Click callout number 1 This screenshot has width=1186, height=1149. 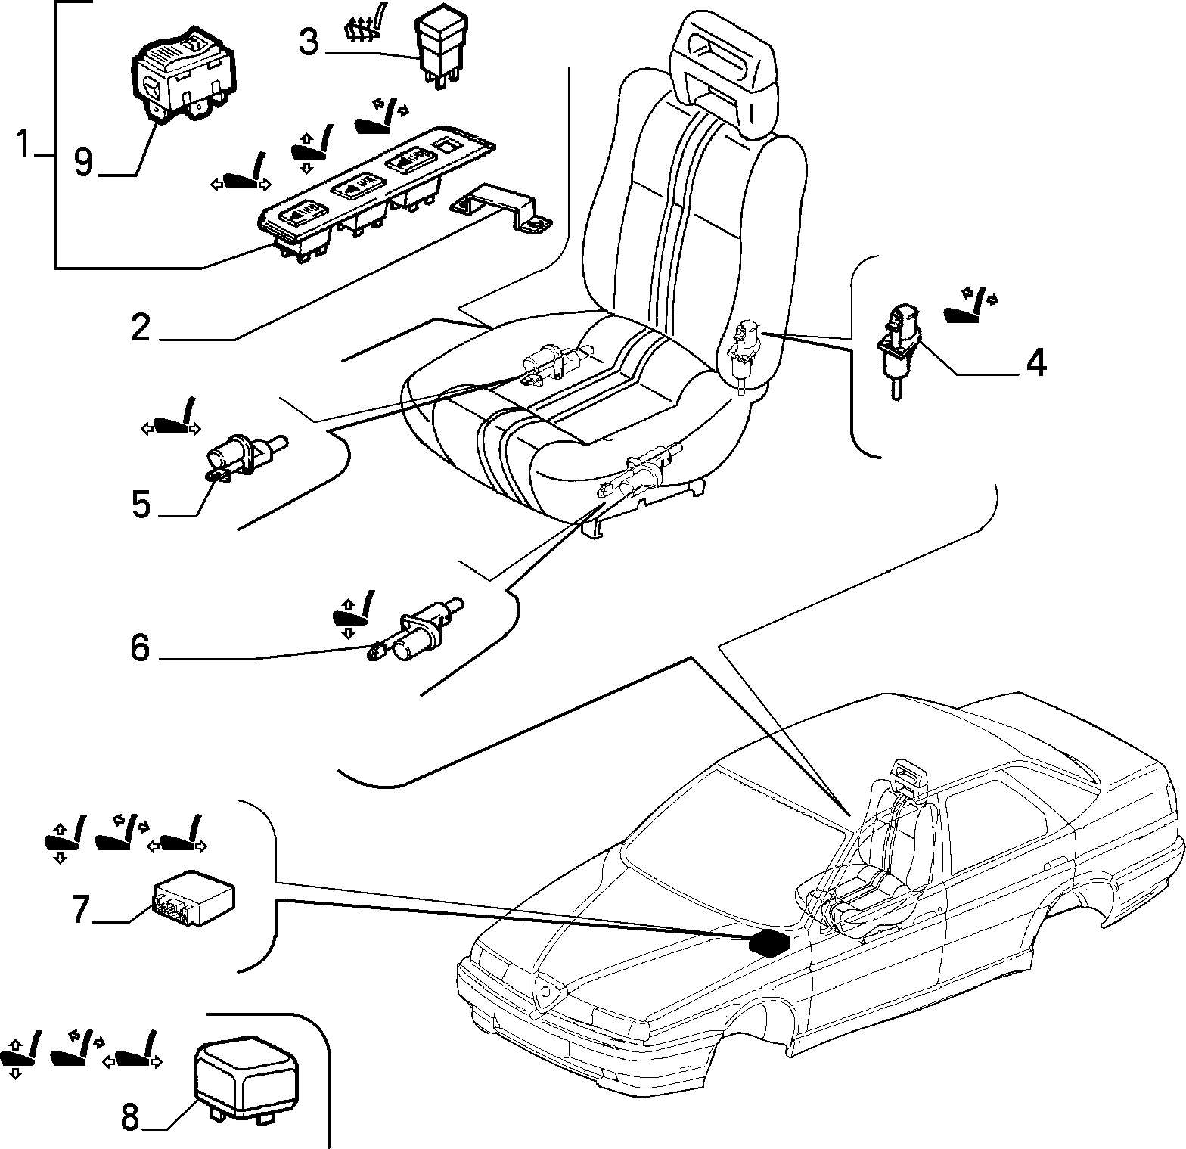pyautogui.click(x=26, y=144)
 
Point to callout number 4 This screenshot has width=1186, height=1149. pyautogui.click(x=1036, y=363)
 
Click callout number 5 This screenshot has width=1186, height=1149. pyautogui.click(x=141, y=504)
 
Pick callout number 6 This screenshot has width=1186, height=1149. pyautogui.click(x=141, y=647)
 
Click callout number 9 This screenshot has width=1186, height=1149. pyautogui.click(x=83, y=161)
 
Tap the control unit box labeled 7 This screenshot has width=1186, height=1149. pyautogui.click(x=194, y=902)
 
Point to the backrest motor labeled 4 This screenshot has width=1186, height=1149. pyautogui.click(x=899, y=342)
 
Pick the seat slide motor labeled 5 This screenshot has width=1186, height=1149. pyautogui.click(x=244, y=458)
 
